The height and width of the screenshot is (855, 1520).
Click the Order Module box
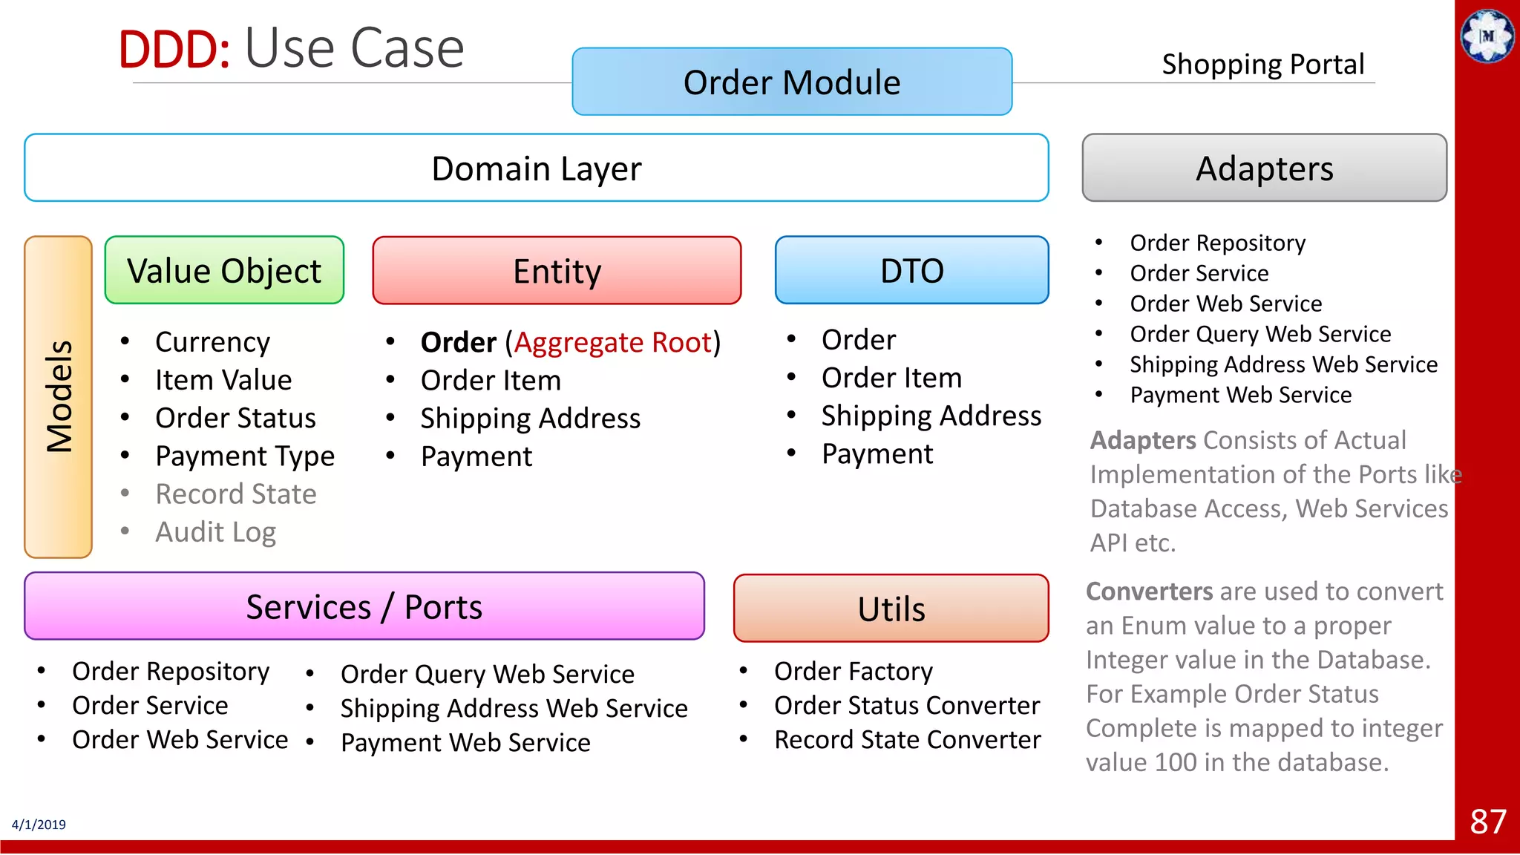(x=792, y=82)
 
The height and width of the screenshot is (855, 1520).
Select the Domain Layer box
(x=536, y=168)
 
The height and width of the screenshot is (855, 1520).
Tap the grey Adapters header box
(x=1264, y=168)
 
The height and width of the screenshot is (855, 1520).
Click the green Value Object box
(x=224, y=270)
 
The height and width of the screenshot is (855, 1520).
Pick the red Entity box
(x=557, y=270)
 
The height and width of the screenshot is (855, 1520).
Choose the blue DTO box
(x=911, y=270)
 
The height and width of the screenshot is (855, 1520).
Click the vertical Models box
(x=58, y=396)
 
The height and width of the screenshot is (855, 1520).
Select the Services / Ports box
(x=364, y=606)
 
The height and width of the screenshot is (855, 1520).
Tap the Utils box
(x=891, y=609)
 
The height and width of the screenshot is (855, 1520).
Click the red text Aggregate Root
(x=613, y=342)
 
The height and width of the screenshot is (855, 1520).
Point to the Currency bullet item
(x=212, y=342)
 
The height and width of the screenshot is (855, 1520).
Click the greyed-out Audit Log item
(x=215, y=532)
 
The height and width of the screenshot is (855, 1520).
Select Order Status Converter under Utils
(x=906, y=705)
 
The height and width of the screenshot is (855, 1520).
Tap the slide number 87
(x=1487, y=822)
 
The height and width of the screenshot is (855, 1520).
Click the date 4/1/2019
(x=39, y=825)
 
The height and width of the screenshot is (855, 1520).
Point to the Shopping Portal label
(x=1262, y=65)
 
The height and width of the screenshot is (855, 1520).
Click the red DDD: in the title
(x=174, y=50)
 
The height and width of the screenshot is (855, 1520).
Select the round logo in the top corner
(x=1487, y=36)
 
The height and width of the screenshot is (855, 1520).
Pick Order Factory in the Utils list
(x=853, y=671)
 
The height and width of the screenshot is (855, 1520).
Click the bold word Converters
(x=1149, y=592)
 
